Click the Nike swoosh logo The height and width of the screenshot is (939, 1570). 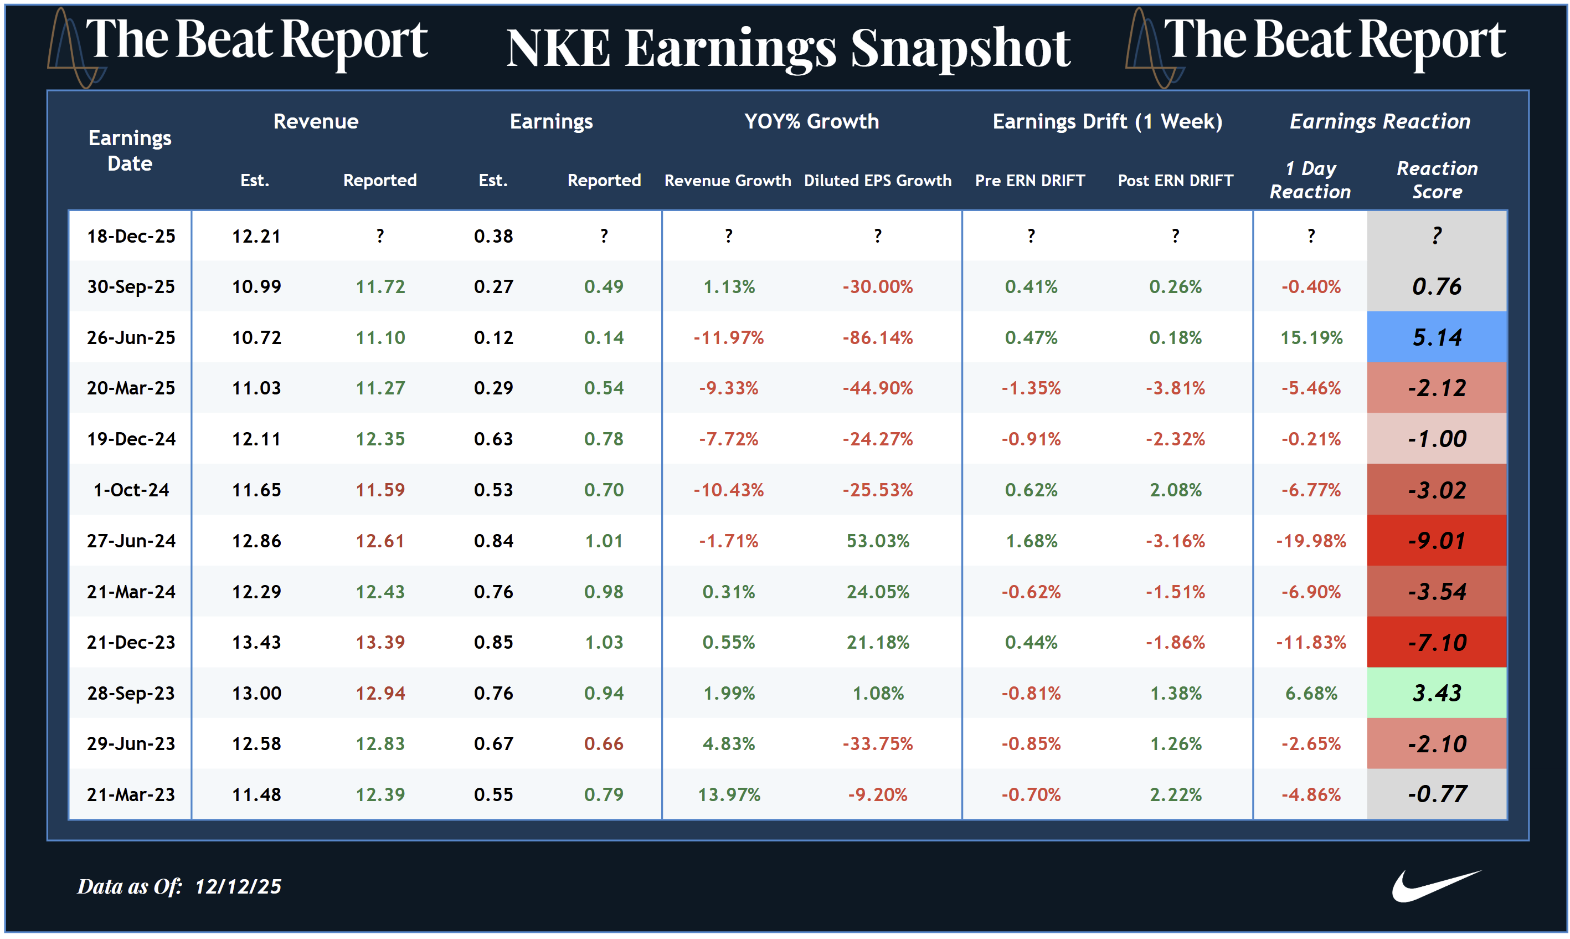(1435, 886)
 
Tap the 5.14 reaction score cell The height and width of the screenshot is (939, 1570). (1437, 337)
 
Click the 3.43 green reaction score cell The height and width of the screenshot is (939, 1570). (1437, 693)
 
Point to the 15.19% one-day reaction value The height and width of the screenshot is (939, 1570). (1311, 337)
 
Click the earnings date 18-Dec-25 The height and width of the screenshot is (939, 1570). (131, 236)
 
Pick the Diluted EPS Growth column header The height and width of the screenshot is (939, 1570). (877, 181)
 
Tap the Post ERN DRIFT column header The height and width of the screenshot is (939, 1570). (1175, 181)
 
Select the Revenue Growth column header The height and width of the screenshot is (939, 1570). (728, 181)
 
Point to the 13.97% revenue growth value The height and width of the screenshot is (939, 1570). (729, 794)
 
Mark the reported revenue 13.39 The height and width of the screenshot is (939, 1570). (379, 642)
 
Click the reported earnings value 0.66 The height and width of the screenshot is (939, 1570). (604, 743)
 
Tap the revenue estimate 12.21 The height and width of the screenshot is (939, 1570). (256, 236)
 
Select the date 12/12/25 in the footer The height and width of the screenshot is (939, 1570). (238, 886)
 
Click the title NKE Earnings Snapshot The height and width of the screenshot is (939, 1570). (788, 48)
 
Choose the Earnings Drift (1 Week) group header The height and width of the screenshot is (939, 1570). (1107, 121)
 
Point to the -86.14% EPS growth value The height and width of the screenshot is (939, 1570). (877, 337)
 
